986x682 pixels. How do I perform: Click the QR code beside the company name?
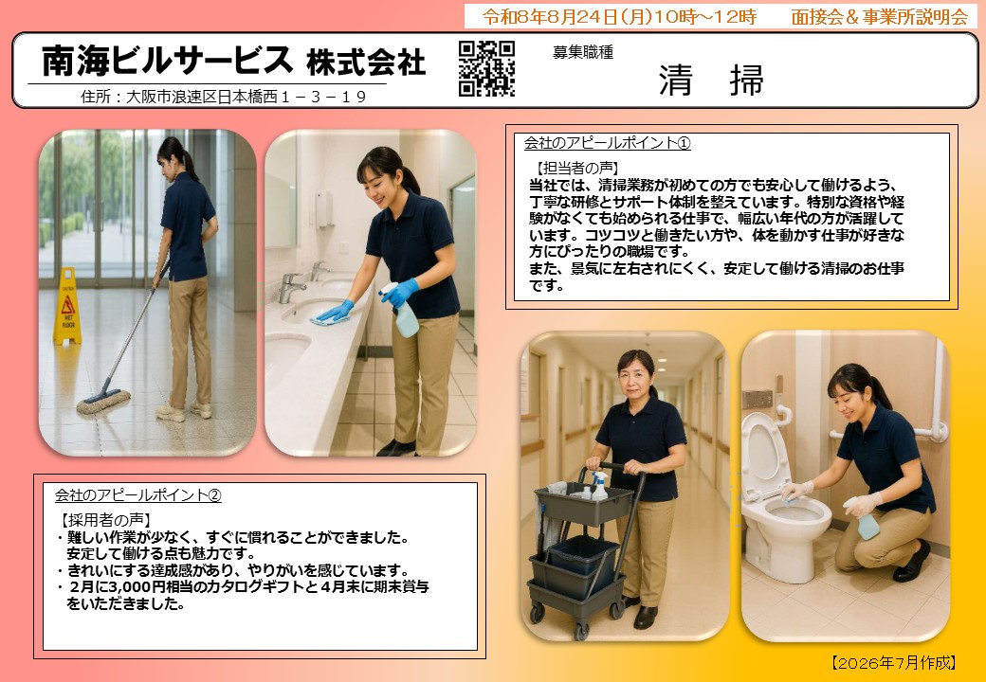click(486, 68)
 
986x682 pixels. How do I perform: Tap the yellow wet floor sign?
click(67, 306)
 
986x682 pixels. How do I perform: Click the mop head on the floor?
click(103, 402)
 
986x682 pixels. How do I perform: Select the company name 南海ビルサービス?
click(168, 61)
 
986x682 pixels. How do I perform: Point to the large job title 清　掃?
click(711, 81)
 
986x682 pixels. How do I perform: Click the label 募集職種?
click(583, 53)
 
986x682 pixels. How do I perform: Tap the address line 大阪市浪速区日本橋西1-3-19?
click(246, 97)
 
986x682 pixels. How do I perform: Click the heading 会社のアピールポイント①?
click(608, 143)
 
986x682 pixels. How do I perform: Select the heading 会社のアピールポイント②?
click(138, 495)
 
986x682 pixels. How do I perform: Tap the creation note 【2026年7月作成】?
click(894, 662)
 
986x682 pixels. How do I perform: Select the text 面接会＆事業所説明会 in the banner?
click(879, 17)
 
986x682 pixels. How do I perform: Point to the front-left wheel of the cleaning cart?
click(537, 613)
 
